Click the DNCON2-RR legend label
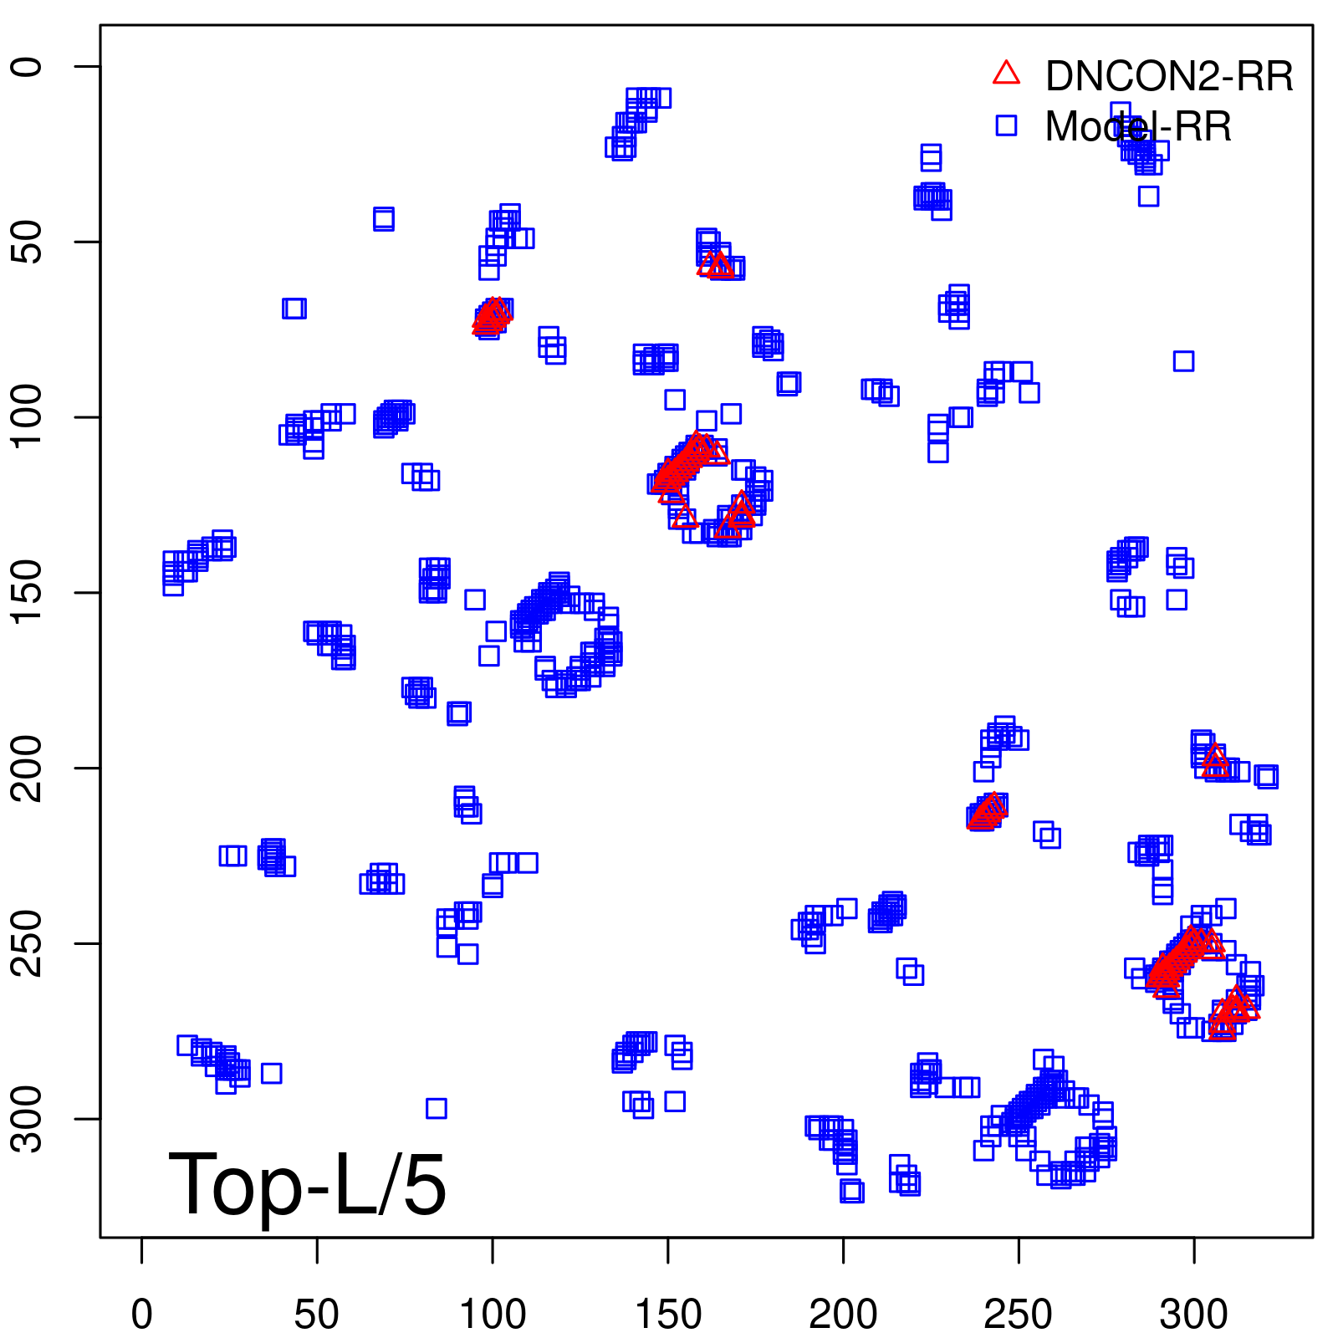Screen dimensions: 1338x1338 1168,77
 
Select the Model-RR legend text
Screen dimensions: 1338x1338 1137,127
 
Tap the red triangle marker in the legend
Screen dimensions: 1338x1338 1006,74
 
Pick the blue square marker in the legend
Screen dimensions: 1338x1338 1006,125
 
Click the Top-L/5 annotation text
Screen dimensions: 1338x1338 307,1184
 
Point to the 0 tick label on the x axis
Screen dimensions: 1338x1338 142,1315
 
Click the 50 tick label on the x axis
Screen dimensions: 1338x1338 317,1315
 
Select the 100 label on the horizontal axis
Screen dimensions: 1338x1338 493,1315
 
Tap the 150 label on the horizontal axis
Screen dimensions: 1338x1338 668,1315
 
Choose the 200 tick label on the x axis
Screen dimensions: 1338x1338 843,1315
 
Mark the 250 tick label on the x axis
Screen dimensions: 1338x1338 1019,1315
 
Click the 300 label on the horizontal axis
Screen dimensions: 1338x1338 1193,1315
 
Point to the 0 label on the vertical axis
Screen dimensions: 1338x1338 28,67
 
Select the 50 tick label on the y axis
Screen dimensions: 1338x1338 28,242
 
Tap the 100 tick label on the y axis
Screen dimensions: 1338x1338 28,417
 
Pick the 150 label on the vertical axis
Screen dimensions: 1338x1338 28,592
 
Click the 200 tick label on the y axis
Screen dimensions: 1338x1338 28,768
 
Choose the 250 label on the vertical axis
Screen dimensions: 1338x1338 28,943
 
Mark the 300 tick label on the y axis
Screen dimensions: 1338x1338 28,1118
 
